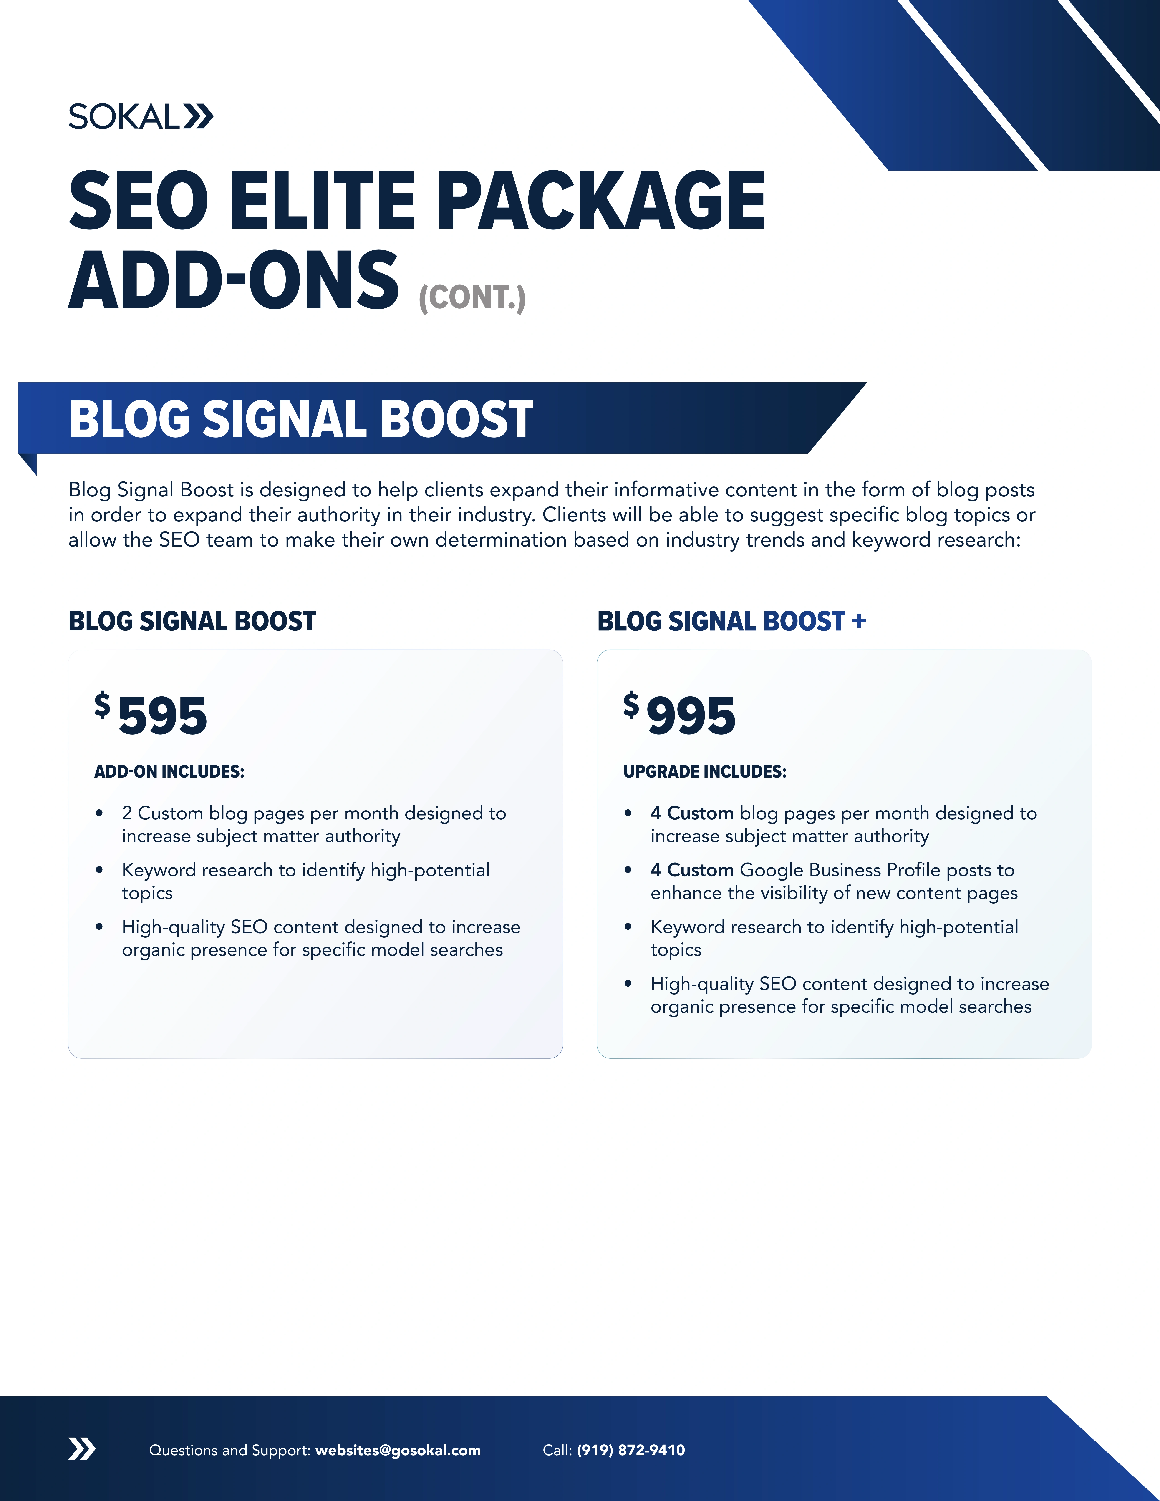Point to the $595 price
point(151,715)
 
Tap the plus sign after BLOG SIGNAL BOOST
point(858,621)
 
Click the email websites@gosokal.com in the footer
point(398,1450)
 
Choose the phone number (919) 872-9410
point(631,1450)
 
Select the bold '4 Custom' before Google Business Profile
point(692,870)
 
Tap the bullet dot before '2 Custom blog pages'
point(100,814)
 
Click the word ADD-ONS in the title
point(234,280)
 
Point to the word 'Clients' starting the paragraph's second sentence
point(572,515)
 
